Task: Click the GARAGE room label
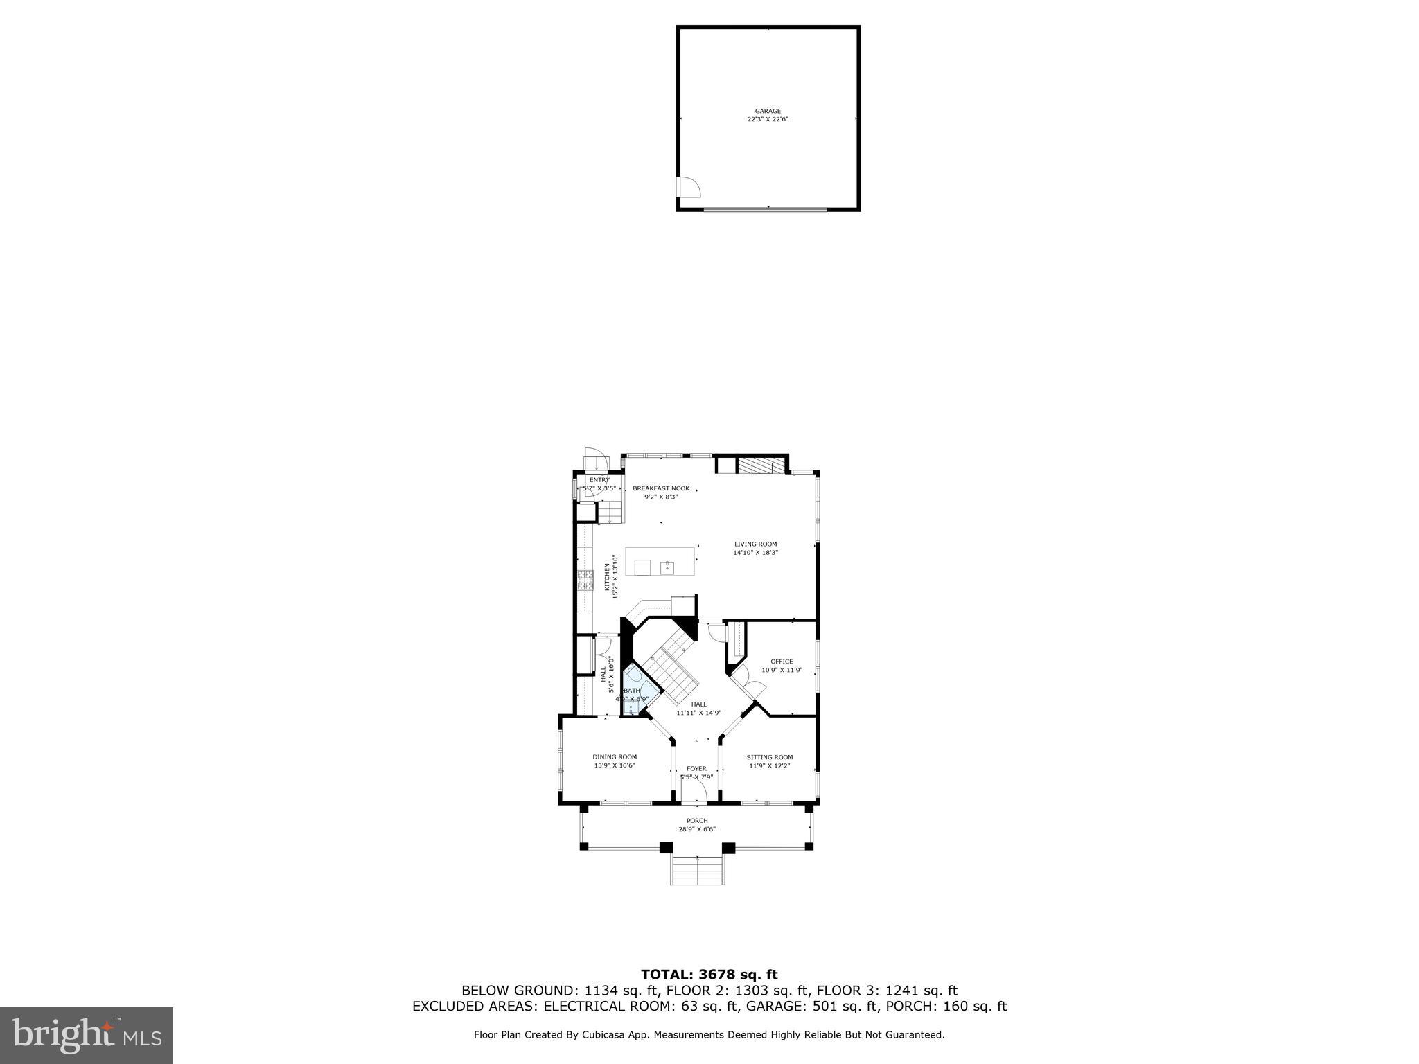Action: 768,111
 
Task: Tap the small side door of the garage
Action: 687,187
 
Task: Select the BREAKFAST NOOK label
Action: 661,488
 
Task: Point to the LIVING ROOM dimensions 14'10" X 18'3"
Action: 756,553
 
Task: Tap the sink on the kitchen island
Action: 667,567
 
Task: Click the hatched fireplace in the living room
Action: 760,465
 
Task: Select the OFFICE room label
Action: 782,662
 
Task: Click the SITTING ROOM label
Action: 769,757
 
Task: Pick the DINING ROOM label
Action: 615,756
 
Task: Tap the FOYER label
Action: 696,768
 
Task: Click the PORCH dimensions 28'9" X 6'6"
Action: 697,829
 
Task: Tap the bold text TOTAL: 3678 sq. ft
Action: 709,975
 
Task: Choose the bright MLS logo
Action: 87,1036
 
